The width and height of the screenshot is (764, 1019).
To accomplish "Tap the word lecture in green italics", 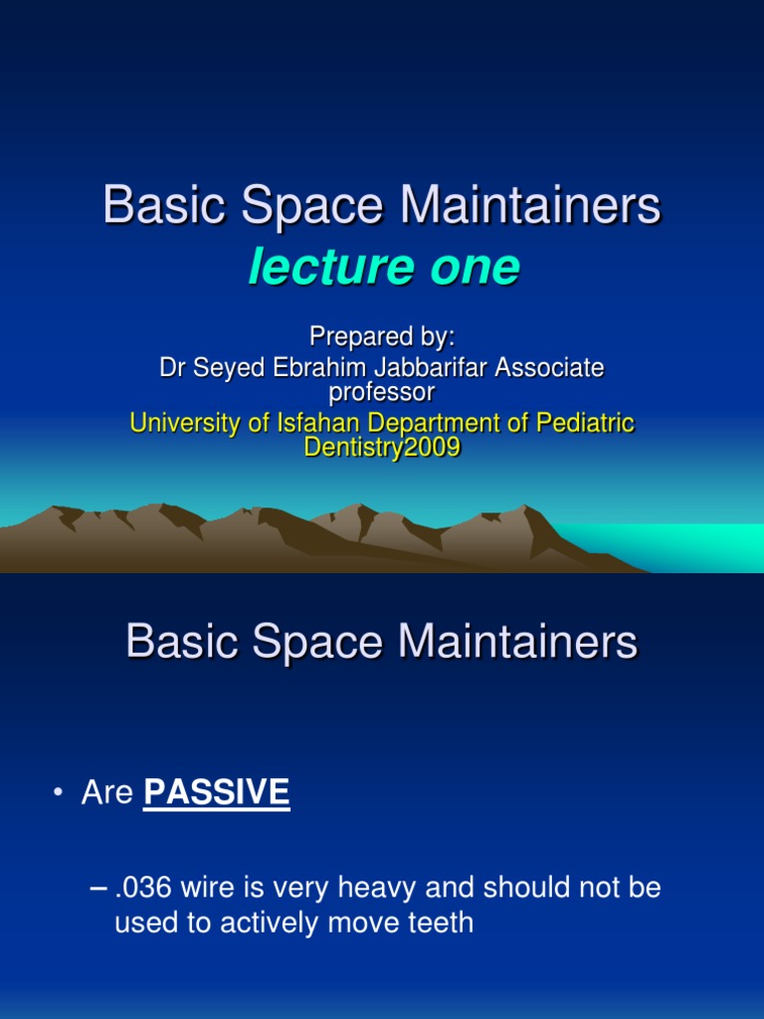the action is tap(330, 267).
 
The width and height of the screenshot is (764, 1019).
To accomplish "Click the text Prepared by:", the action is tap(382, 336).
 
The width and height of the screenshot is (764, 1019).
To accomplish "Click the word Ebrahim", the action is tap(319, 368).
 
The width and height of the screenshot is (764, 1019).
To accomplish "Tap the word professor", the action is tap(381, 392).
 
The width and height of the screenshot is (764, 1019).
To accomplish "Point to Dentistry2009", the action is tap(382, 447).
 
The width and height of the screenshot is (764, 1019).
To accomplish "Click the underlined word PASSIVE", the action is tap(216, 792).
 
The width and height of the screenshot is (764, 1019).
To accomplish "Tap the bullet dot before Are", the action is tap(59, 792).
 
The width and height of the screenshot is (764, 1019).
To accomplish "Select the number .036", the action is tap(143, 888).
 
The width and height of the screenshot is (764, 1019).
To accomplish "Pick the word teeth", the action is tap(441, 922).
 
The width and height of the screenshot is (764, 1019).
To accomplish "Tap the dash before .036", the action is tap(98, 889).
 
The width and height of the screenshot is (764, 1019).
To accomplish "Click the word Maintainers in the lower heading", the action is tap(517, 642).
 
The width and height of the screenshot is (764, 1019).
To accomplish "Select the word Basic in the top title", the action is tap(165, 205).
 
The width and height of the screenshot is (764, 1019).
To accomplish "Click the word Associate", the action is tap(549, 368).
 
